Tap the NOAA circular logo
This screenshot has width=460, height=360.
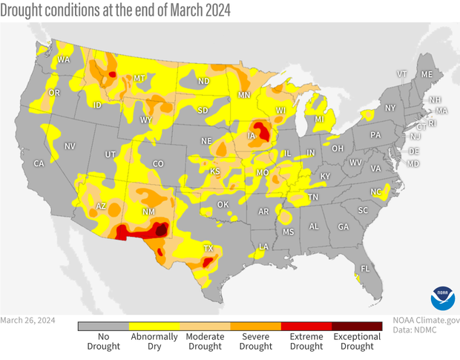tap(442, 297)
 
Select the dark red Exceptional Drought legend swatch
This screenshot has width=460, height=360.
tap(357, 325)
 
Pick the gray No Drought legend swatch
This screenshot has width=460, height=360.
tap(103, 325)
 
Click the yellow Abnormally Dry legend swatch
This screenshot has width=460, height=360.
tap(154, 325)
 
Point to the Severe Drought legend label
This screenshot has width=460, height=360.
tap(256, 342)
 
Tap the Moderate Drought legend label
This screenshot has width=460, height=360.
tap(205, 342)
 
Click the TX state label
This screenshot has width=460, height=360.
tap(208, 249)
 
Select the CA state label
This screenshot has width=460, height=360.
tap(39, 163)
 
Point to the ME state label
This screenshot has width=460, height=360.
tap(427, 75)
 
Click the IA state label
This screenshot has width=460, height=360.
tap(253, 137)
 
